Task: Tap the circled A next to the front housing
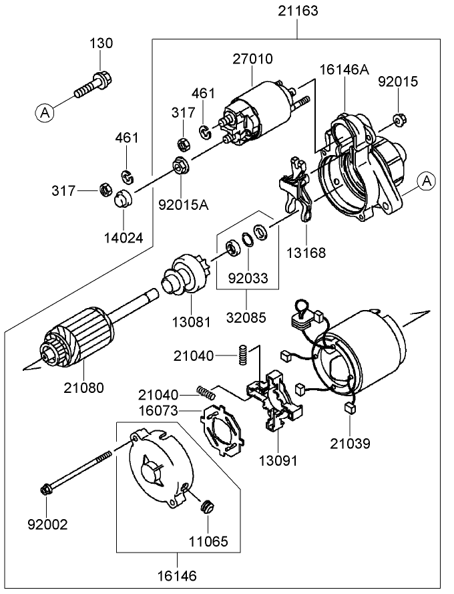click(x=427, y=180)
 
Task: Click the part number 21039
click(x=350, y=443)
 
